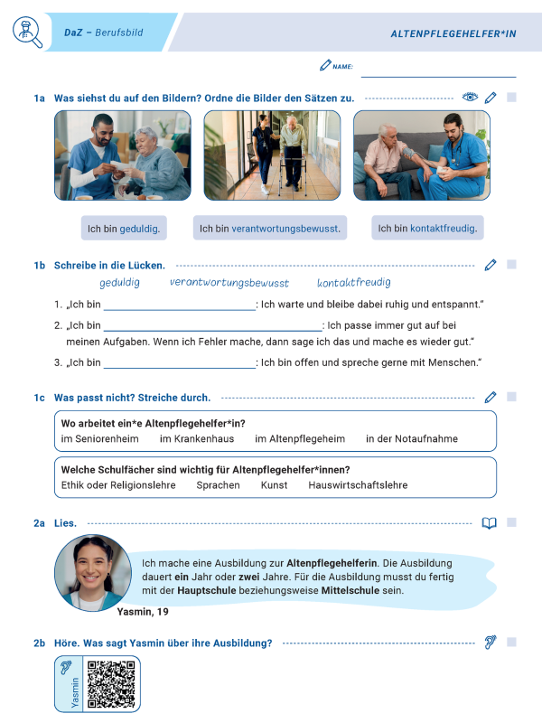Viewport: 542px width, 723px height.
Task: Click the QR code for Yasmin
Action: pos(112,684)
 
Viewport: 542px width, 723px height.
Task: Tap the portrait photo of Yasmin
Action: pos(93,572)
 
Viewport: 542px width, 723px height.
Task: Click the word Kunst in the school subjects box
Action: pos(274,485)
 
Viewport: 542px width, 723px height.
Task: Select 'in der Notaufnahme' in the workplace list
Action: pos(411,439)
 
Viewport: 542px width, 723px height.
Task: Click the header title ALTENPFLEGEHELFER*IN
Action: pos(453,33)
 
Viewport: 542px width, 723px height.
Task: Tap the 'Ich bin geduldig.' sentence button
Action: pos(124,229)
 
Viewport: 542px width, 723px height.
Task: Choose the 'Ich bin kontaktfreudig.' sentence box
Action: pos(427,229)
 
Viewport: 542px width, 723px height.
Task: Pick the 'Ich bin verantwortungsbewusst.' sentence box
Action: pos(270,229)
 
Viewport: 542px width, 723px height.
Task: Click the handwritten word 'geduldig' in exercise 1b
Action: pos(120,283)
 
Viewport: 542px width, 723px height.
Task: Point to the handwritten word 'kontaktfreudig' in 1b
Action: pos(354,283)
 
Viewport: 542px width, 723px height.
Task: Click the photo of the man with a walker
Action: pos(272,155)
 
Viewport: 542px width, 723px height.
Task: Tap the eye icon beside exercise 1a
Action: pos(469,97)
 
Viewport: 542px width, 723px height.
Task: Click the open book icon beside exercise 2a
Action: pos(490,523)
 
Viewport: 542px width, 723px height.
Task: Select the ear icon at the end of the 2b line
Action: pos(490,643)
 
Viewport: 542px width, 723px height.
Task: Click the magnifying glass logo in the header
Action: pos(27,33)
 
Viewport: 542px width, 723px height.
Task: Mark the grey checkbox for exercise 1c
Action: pos(511,397)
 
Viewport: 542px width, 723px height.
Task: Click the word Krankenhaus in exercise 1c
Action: pos(197,439)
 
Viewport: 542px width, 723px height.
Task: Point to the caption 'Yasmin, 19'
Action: pos(143,612)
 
